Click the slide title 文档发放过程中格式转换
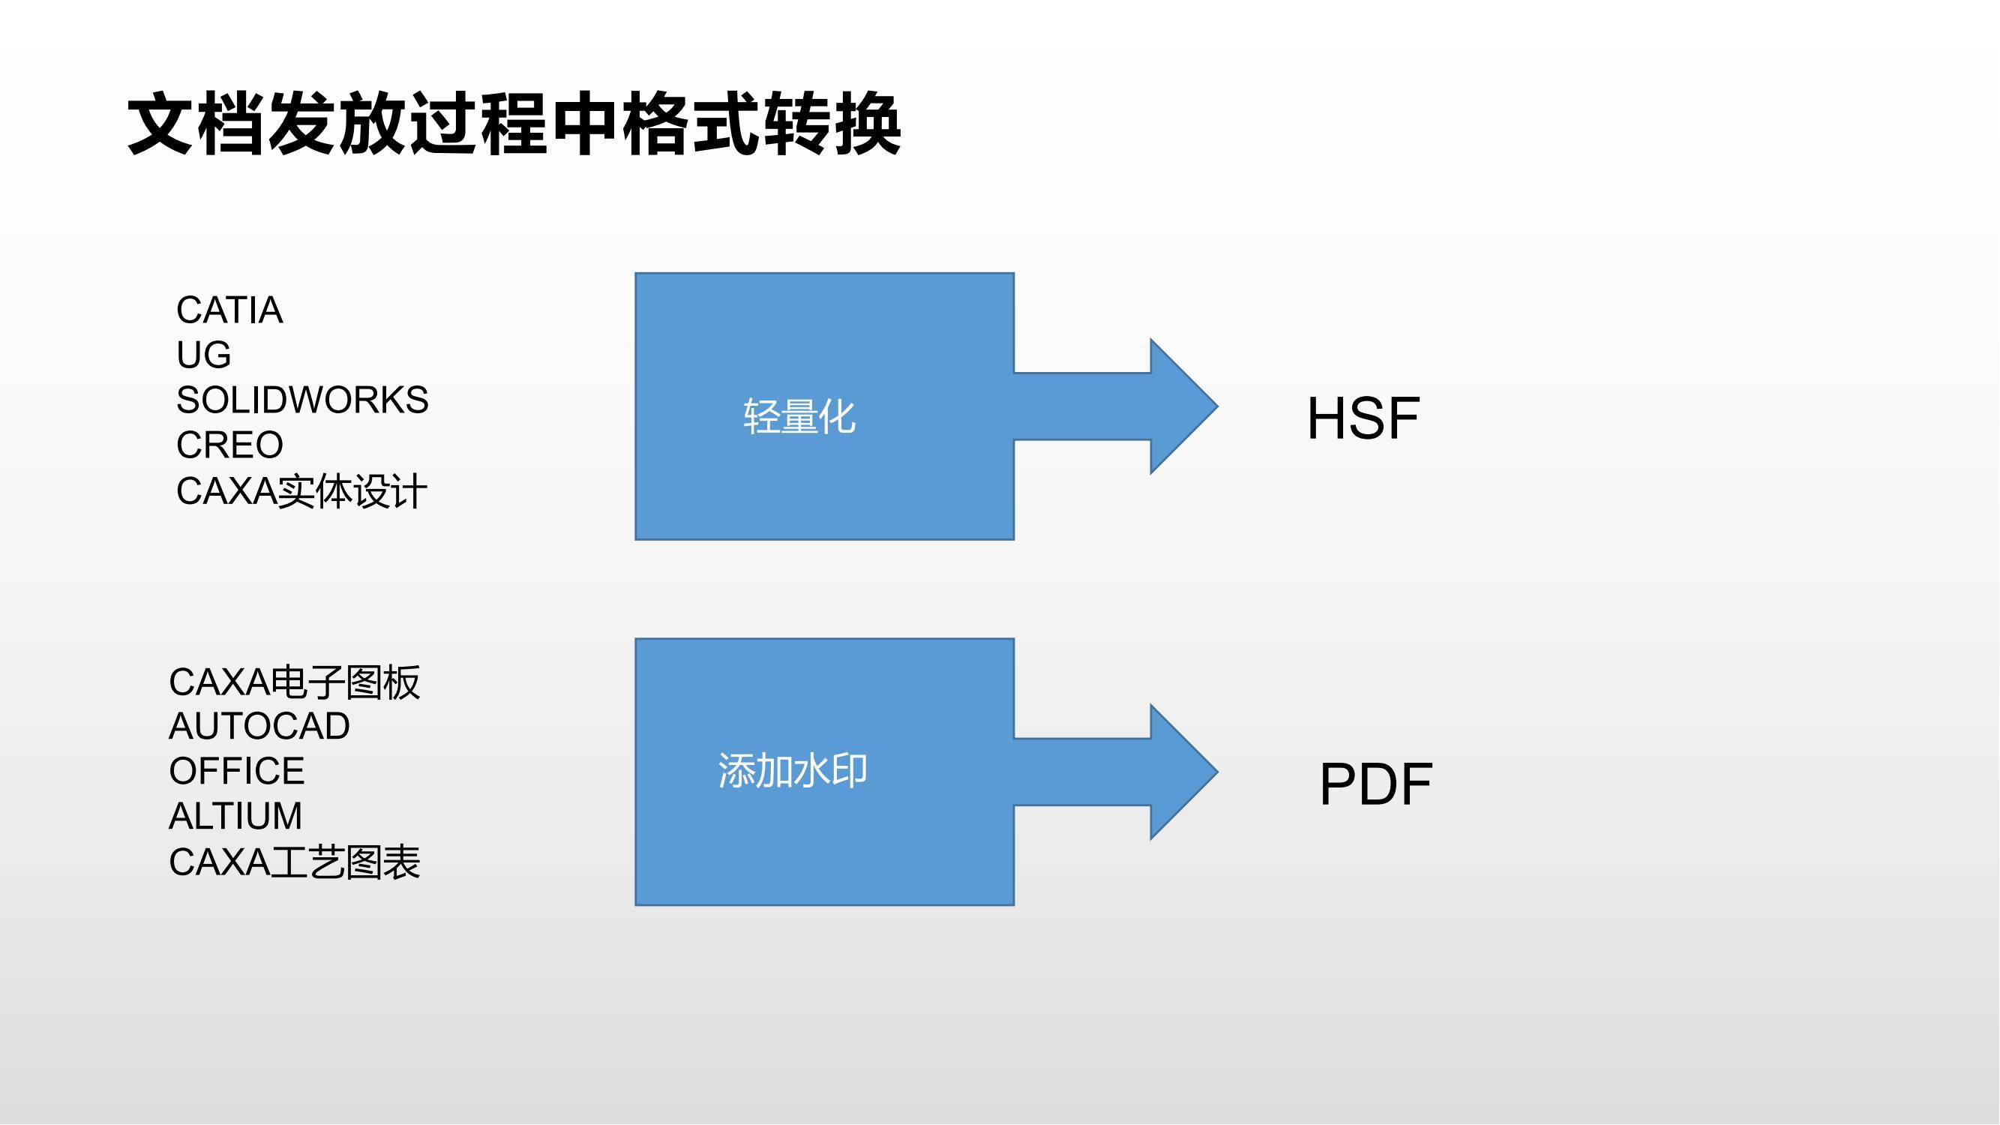click(x=514, y=123)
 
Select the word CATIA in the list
click(x=229, y=310)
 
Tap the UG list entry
click(x=203, y=355)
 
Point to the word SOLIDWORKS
click(x=302, y=400)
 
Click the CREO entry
click(x=229, y=445)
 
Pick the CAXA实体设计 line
click(x=301, y=490)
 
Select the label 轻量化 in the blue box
click(x=799, y=416)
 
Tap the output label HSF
click(x=1363, y=418)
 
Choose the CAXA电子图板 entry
click(x=294, y=682)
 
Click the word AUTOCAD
click(x=259, y=727)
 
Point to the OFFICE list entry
click(x=237, y=771)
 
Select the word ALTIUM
click(x=235, y=816)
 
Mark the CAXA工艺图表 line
click(x=294, y=862)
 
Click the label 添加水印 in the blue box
click(x=793, y=771)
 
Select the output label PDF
click(x=1376, y=784)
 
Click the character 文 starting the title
click(x=160, y=123)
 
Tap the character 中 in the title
click(x=585, y=123)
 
